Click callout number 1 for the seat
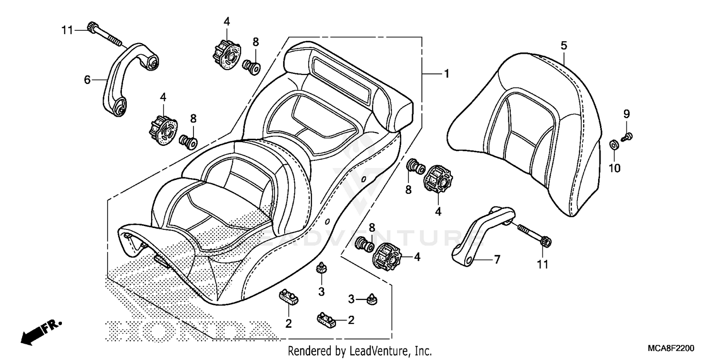[x=446, y=74]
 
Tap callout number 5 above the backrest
[x=564, y=46]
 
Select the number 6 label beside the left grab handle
[x=87, y=80]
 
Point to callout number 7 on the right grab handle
[x=497, y=260]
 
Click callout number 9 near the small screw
[x=626, y=114]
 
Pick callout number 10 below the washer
[x=615, y=168]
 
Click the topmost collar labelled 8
[x=252, y=66]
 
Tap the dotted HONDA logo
[x=192, y=331]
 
